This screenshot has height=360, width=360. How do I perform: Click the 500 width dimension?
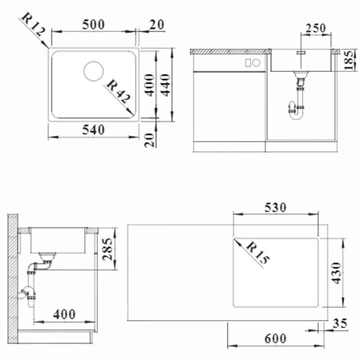coord(94,24)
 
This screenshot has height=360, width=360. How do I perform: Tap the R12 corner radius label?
coord(33,25)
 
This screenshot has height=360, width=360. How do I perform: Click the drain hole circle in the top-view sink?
coord(94,71)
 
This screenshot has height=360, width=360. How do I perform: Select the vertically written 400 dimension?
coord(150,85)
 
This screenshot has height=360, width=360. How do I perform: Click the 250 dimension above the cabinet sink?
coord(315,28)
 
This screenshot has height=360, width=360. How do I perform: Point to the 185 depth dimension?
coord(348,60)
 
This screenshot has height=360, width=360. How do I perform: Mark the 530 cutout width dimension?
coord(275,208)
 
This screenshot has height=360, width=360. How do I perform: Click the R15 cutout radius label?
coord(257,254)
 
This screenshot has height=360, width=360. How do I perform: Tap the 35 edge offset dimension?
coord(340,324)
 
